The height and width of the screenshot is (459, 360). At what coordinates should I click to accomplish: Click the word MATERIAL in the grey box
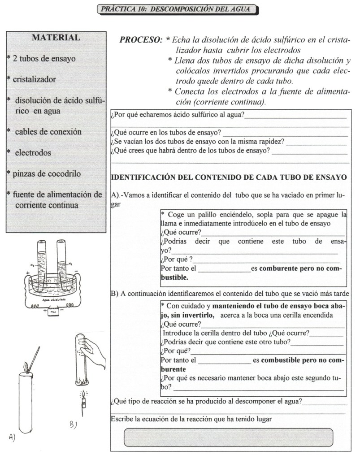click(56, 38)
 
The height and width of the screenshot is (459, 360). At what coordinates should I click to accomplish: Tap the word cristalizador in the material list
click(34, 79)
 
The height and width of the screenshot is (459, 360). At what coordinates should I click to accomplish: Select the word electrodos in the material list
click(33, 152)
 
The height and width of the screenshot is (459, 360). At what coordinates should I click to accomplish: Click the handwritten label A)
click(13, 438)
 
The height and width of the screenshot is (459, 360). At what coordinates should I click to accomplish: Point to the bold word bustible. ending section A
click(174, 277)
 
